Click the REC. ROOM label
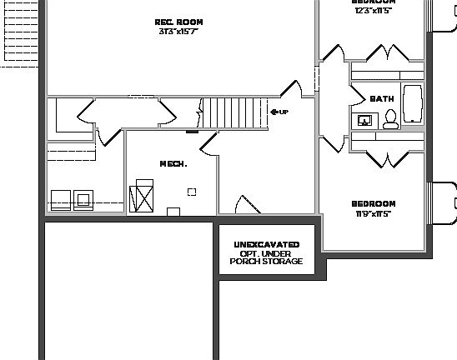coord(178,22)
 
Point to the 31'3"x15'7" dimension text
coord(178,32)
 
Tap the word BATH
coord(382,98)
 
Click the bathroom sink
coord(364,121)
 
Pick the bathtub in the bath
coord(413,105)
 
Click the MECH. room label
coord(173,163)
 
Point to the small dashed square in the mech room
coord(192,192)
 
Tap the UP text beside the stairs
coord(284,112)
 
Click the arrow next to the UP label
coord(274,112)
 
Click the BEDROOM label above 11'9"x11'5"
coord(373,203)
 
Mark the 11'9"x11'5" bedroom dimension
coord(373,213)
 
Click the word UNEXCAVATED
coord(266,244)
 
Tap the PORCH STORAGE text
coord(266,262)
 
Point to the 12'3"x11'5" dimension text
coord(373,10)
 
